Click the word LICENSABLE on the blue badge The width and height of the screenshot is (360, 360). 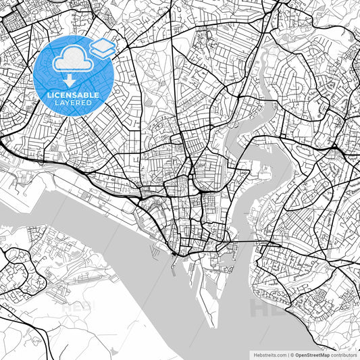click(x=73, y=95)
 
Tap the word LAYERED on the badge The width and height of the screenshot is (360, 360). click(x=73, y=103)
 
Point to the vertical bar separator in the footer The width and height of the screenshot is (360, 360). click(x=287, y=354)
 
